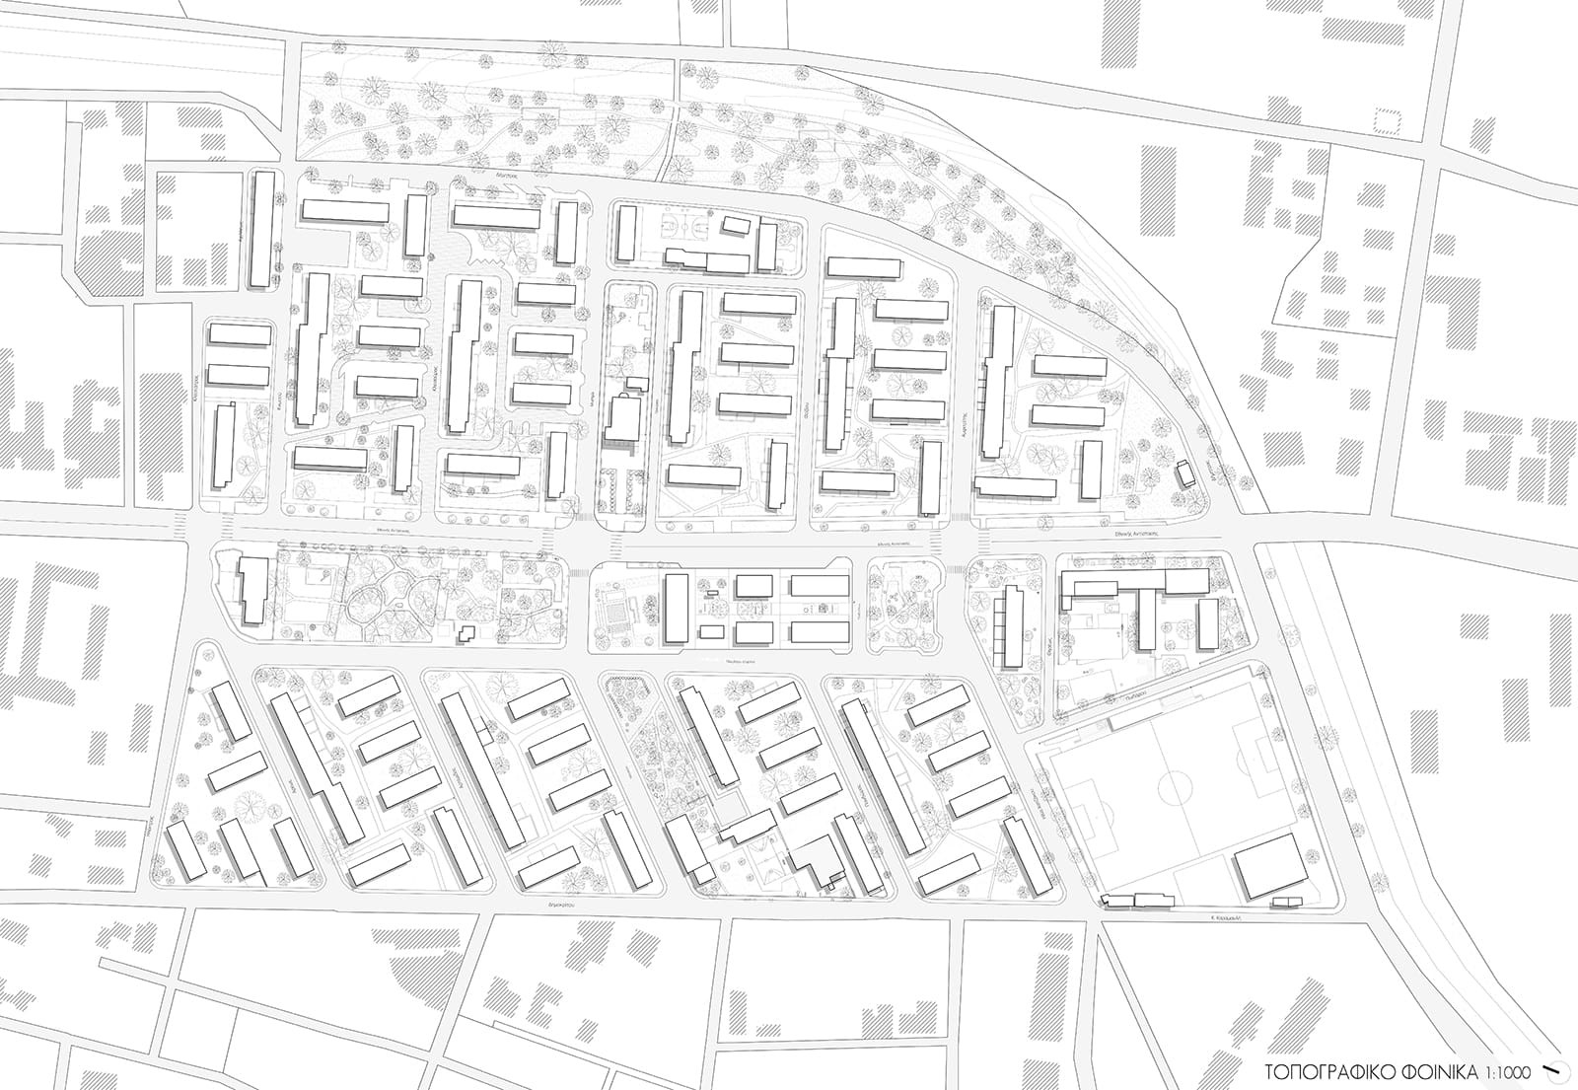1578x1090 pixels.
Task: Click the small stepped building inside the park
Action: pos(466,634)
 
